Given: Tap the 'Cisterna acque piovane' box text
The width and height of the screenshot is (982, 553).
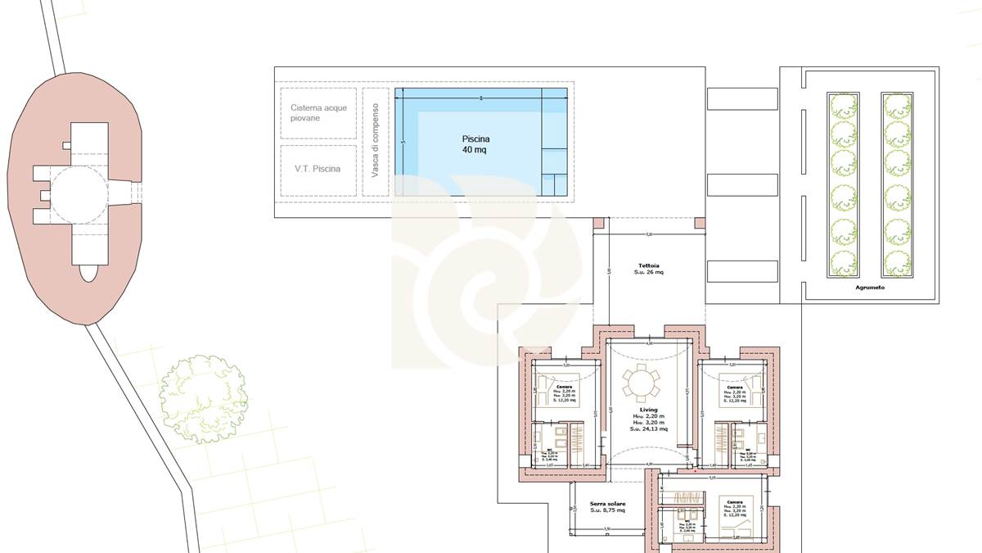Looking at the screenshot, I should click(x=318, y=113).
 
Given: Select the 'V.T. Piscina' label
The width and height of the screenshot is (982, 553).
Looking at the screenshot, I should click(x=318, y=170).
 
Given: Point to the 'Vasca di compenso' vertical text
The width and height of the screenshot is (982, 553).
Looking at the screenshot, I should click(x=375, y=138).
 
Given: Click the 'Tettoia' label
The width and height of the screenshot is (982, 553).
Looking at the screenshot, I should click(x=649, y=265).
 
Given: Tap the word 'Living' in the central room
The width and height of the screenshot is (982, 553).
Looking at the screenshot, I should click(x=649, y=409).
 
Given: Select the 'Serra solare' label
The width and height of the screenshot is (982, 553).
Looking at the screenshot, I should click(x=607, y=503).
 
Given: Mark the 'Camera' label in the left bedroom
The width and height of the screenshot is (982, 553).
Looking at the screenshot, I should click(x=565, y=387).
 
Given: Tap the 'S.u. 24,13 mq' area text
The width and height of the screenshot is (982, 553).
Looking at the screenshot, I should click(x=649, y=428).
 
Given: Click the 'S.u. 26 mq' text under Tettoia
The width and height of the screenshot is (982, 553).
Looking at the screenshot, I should click(x=649, y=273).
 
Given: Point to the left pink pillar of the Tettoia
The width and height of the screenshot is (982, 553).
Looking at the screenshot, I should click(x=598, y=223).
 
